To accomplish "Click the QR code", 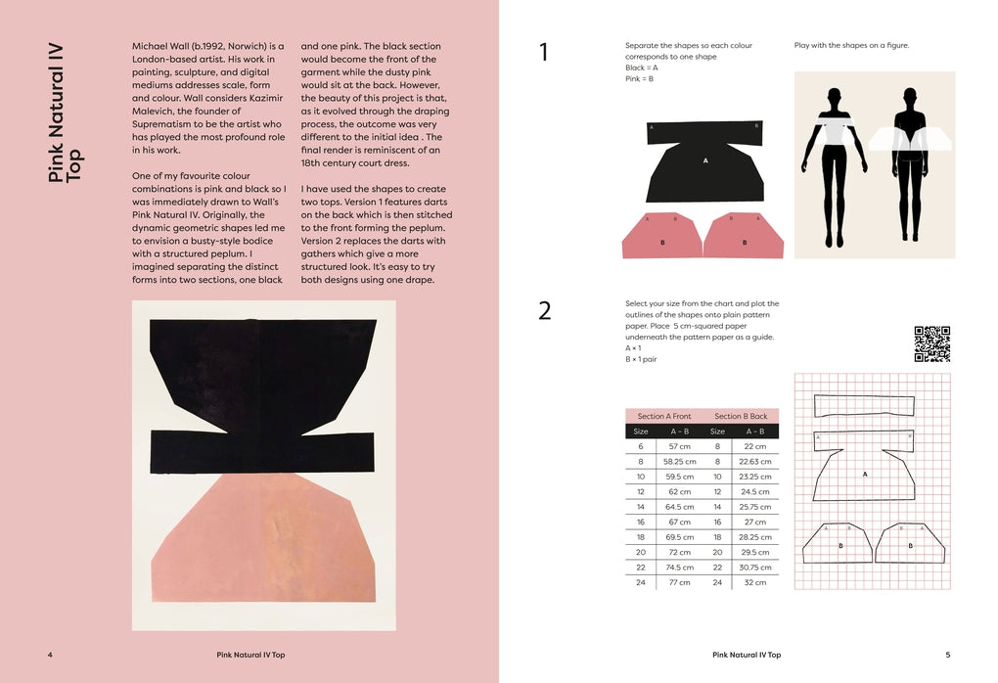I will (x=931, y=343).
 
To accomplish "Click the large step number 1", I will (x=544, y=53).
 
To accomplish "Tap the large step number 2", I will (x=545, y=311).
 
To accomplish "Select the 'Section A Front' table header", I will (x=664, y=416).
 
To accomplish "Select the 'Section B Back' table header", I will (x=741, y=416).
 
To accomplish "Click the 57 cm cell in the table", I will (x=679, y=446).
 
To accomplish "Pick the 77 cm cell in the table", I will (x=679, y=582).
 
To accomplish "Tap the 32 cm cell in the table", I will (x=755, y=582).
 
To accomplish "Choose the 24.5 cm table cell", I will (x=755, y=491).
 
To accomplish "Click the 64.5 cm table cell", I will (x=679, y=507).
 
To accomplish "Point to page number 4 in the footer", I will (x=50, y=655).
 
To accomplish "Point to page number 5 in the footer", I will (x=947, y=655).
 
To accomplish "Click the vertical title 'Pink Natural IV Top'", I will (x=67, y=112).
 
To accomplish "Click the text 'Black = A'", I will (x=642, y=68).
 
